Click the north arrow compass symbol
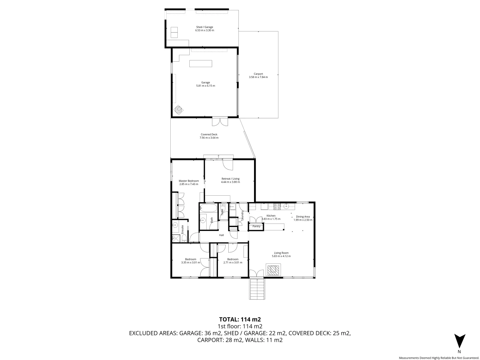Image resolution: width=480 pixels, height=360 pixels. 459,341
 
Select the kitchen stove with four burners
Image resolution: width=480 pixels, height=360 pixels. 277,207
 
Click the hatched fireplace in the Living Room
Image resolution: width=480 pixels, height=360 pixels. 273,270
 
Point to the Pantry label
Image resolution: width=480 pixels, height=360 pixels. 256,227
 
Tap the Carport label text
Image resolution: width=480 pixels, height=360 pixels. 258,74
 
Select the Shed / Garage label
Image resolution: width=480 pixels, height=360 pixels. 204,27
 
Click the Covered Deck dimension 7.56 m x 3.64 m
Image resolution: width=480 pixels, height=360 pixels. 209,138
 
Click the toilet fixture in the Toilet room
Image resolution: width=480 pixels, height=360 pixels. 223,210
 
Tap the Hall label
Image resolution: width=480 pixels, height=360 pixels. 221,235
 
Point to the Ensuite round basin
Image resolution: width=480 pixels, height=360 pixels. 174,226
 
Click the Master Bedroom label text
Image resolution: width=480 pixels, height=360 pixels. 189,181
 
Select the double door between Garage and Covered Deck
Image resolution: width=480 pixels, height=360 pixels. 220,122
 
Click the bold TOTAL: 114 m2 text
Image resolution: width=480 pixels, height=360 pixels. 240,319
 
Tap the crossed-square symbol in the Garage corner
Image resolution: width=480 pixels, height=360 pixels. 178,109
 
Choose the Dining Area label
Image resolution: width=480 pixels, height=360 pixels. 303,217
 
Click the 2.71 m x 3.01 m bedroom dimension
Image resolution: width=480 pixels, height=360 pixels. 233,263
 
